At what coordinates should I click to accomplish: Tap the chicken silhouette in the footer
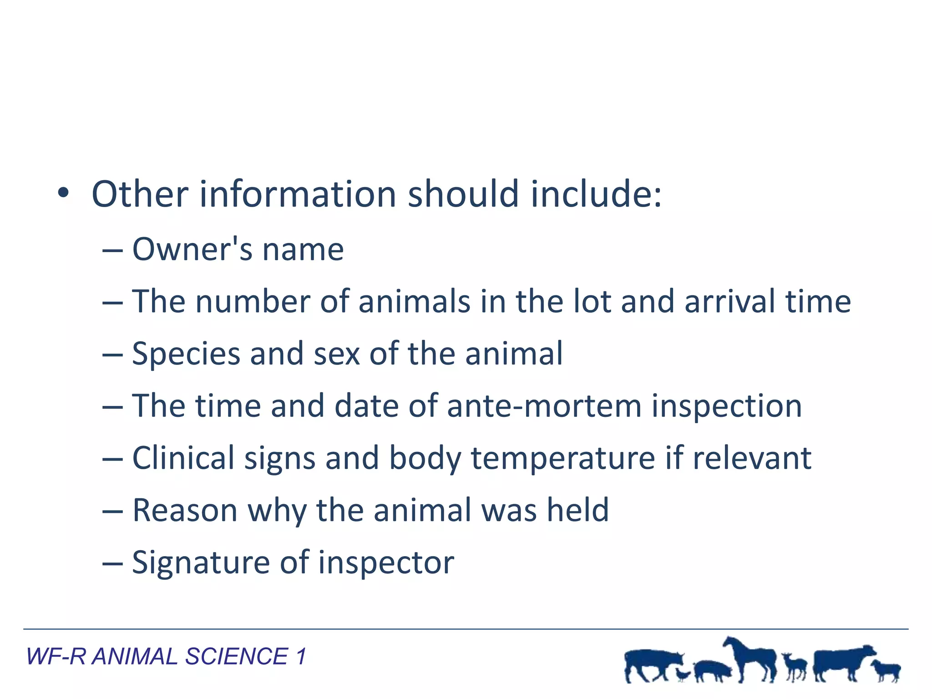click(682, 674)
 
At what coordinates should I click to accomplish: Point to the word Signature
click(201, 563)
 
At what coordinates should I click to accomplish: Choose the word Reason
click(185, 510)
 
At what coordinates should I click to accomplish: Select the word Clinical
click(183, 458)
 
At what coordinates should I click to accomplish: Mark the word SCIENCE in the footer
click(236, 657)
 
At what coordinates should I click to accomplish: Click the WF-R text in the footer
click(56, 657)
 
